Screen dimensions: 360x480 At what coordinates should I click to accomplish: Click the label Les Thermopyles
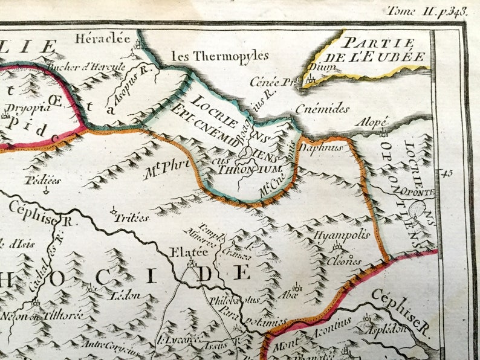click(219, 56)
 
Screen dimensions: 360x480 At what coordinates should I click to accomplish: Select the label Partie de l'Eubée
click(384, 50)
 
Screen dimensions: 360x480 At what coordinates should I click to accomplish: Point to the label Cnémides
click(322, 109)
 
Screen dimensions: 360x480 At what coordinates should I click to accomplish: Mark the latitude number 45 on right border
click(447, 173)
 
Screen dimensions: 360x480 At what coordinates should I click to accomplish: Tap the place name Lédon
click(126, 295)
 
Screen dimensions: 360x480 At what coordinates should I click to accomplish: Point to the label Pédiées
click(43, 180)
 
